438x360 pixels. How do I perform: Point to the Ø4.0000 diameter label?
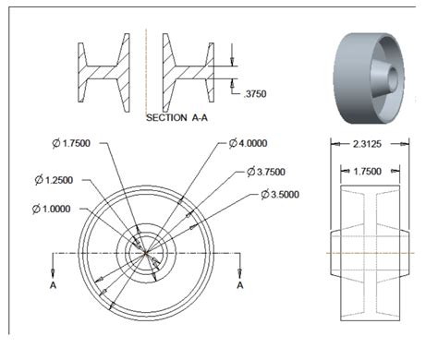(x=254, y=144)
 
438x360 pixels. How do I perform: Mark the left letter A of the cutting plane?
(x=53, y=286)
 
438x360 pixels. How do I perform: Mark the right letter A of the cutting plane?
(x=241, y=286)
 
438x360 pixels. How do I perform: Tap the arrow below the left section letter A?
(x=53, y=271)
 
